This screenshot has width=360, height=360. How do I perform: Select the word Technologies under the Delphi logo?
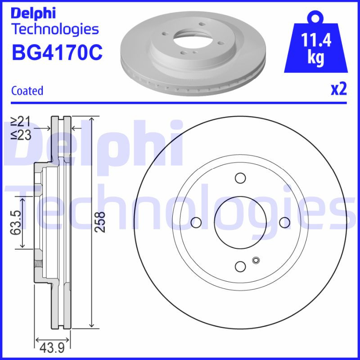pos(54,30)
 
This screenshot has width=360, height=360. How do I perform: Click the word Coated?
pos(27,90)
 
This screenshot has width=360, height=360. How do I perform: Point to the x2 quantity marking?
pos(339,90)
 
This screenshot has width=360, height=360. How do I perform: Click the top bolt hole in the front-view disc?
pos(240,178)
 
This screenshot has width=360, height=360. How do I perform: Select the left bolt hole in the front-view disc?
pos(196,222)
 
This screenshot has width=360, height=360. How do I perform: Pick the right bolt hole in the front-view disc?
pos(284,222)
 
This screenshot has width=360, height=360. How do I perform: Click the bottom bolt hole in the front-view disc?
pos(240,266)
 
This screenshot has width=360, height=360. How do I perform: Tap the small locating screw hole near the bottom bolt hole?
pos(256,260)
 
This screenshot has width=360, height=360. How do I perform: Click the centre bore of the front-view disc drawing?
pos(240,222)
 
